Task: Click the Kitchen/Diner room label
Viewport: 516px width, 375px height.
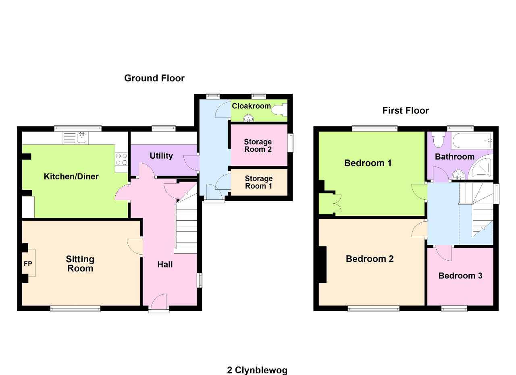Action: (x=71, y=176)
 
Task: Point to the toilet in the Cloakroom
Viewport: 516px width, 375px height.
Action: (x=279, y=109)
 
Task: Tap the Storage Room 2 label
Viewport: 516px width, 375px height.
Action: (x=258, y=145)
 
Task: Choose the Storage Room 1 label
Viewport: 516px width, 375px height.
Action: (x=258, y=182)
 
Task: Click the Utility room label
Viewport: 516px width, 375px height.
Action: (x=161, y=156)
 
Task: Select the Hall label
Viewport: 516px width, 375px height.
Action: (x=165, y=264)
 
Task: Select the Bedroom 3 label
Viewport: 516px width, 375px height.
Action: (x=460, y=276)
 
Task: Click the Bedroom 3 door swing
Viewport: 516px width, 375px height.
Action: (x=444, y=253)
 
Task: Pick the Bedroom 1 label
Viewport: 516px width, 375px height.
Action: (x=368, y=163)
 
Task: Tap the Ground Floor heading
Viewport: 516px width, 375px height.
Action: (x=154, y=78)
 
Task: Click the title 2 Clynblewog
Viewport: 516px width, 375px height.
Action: (x=258, y=370)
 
